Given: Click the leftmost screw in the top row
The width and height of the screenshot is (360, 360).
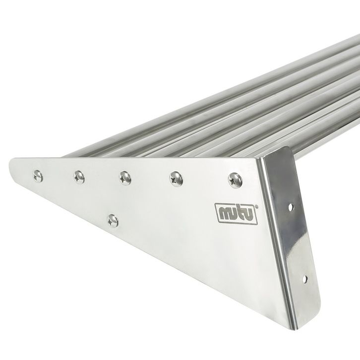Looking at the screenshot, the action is (38, 176).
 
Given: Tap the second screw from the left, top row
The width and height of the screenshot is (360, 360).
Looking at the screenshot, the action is (79, 177).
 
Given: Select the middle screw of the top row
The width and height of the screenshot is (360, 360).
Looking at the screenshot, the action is (125, 178).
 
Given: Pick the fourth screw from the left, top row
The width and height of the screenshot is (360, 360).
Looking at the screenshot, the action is (177, 179).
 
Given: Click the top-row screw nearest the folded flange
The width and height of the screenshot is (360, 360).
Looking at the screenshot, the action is (235, 180).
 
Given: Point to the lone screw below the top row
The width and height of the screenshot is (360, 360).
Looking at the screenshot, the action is (113, 221).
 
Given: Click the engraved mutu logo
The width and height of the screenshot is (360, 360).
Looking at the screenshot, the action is (236, 214).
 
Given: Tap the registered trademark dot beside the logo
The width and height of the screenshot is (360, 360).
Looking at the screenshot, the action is (256, 207).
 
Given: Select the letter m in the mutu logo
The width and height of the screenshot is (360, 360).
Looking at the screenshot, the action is (225, 213).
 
